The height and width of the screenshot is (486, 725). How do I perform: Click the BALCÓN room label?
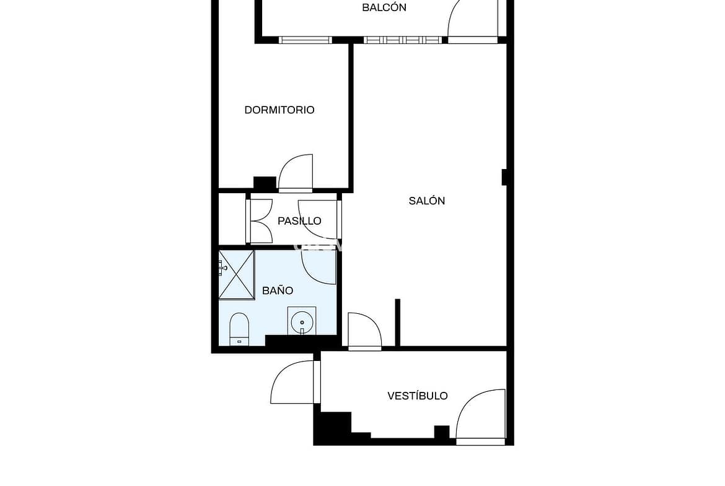pos(384,7)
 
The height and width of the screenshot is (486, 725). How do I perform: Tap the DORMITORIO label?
pos(279,110)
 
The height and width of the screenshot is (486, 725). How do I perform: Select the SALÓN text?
pos(427,201)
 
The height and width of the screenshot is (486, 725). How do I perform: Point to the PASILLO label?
pos(299,221)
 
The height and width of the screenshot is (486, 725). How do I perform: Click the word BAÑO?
pos(278,290)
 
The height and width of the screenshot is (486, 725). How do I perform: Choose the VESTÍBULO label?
pos(418,396)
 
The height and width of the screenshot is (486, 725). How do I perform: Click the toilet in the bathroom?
pos(239,329)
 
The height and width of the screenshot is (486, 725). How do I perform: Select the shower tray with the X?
pos(236,274)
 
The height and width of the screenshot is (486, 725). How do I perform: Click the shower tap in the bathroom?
pos(222,267)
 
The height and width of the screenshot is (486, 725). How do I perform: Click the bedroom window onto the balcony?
pos(305,40)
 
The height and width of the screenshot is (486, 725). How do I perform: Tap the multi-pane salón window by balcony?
pos(403,40)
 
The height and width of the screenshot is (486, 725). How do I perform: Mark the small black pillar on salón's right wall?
pos(504,178)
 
